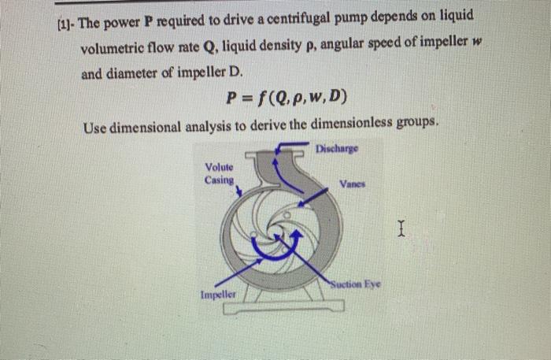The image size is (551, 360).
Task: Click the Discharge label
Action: [x=336, y=147]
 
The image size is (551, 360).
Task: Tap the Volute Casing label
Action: [x=219, y=173]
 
